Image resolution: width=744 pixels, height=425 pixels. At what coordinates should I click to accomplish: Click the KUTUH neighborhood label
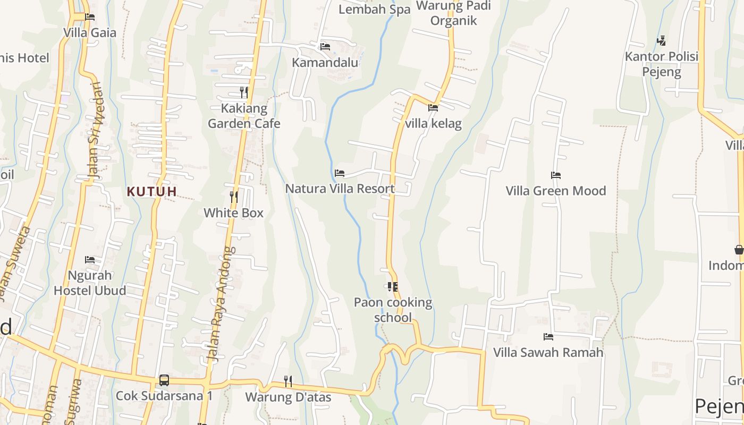point(151,191)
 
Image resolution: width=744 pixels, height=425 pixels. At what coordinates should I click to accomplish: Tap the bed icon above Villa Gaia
point(90,17)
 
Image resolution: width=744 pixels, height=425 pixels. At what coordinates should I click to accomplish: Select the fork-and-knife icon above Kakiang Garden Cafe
point(243,92)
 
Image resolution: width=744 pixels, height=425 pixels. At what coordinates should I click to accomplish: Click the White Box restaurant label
point(233,213)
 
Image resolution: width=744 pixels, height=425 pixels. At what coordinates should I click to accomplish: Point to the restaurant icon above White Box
point(233,197)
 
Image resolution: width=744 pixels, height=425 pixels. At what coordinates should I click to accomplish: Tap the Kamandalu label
point(325,63)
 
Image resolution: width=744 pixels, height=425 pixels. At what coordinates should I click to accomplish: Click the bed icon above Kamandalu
point(325,47)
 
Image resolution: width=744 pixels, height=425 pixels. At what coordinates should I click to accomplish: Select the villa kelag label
point(433,124)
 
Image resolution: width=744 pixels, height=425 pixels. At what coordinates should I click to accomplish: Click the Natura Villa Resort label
point(340,189)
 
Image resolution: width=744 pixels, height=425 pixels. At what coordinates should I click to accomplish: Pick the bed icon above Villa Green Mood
point(556,175)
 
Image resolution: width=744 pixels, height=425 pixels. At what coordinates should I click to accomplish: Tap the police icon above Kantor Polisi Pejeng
point(661,40)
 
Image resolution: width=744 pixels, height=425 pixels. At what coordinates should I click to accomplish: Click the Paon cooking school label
point(393,310)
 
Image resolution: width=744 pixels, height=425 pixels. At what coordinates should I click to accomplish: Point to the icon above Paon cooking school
point(393,287)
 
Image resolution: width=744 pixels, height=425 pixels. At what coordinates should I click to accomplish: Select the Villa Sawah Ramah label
point(548,352)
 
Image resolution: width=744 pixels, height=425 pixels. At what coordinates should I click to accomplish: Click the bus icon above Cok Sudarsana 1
point(164,380)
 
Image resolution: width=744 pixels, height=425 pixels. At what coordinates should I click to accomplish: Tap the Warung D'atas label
point(288,397)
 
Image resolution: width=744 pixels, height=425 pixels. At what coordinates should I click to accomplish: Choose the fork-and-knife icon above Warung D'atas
point(288,381)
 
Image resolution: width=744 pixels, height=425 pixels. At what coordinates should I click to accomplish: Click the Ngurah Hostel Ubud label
point(90,283)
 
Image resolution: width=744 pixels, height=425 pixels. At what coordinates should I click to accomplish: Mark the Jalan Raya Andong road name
point(222,304)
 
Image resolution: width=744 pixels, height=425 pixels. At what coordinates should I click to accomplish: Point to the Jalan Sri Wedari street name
point(94,130)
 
